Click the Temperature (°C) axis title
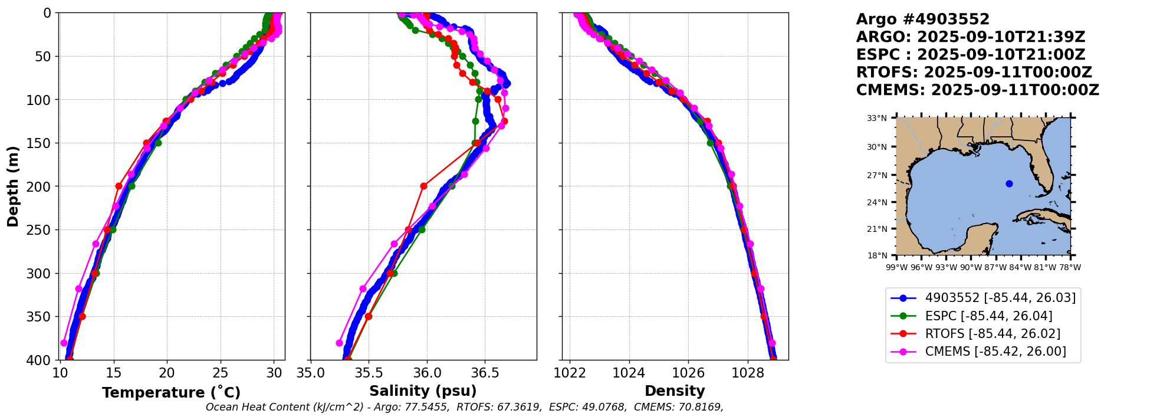171,393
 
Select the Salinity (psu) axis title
423,391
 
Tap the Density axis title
675,391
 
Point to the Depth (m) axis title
13,186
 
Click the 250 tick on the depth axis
43,230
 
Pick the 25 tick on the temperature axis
221,373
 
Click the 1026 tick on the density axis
688,373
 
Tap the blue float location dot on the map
1009,183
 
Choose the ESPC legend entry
988,316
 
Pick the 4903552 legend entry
1000,298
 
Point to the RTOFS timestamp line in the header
974,73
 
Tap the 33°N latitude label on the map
876,118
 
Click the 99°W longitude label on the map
896,267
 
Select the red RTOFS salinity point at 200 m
423,186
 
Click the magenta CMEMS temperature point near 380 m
64,343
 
